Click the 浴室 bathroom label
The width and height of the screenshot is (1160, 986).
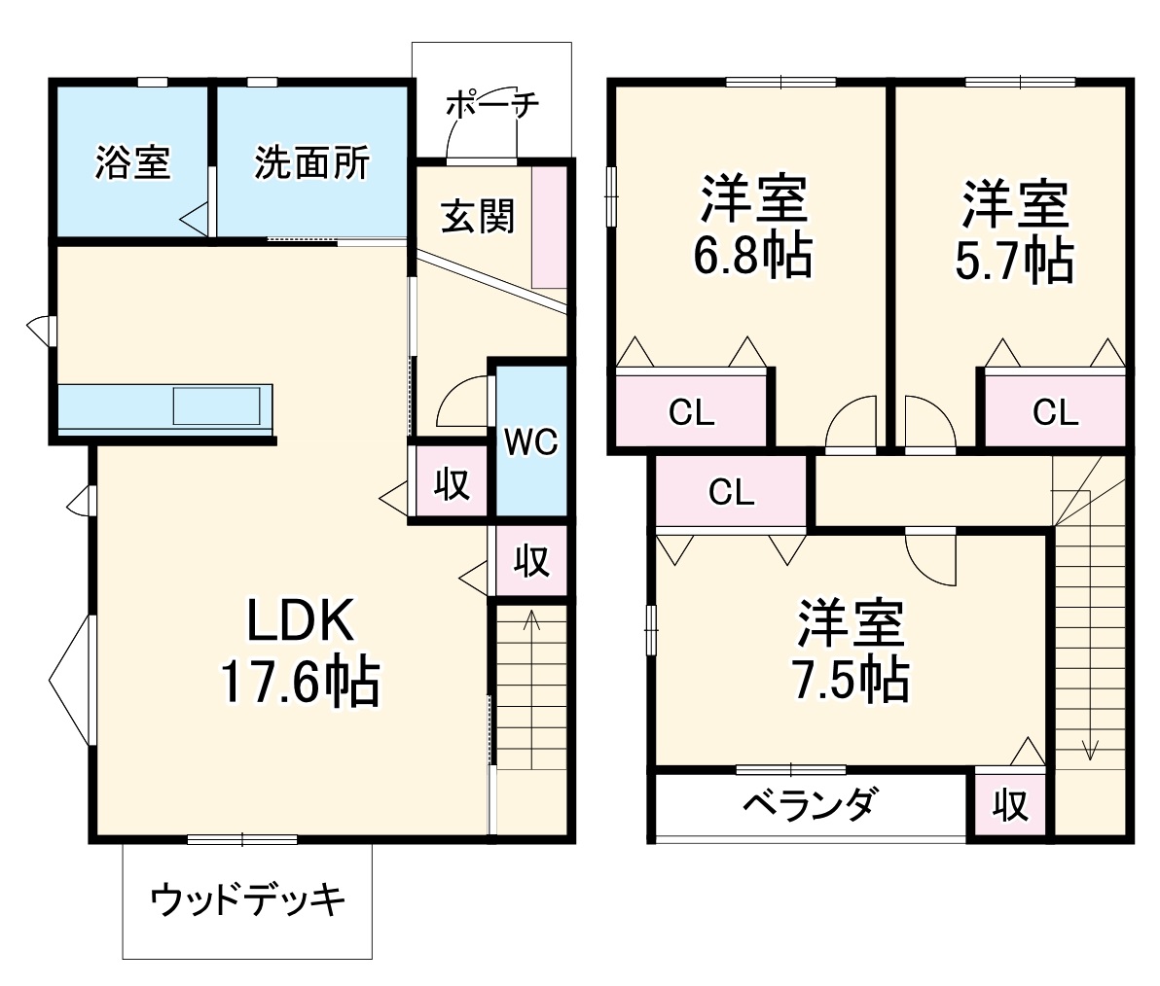[132, 162]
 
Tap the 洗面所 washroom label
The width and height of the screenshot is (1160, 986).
[311, 162]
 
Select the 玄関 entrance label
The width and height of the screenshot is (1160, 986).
[477, 216]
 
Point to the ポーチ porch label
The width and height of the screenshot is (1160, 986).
[491, 104]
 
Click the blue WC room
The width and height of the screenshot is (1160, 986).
[531, 441]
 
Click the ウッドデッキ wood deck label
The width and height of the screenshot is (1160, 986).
[247, 900]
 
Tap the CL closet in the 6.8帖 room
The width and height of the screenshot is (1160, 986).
[692, 412]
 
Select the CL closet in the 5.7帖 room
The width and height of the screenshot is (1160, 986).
[1055, 412]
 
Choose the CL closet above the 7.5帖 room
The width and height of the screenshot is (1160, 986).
[731, 492]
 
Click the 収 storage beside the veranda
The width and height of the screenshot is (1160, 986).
[1010, 804]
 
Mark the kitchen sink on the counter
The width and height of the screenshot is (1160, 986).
[217, 405]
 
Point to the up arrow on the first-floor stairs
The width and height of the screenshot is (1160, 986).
[530, 619]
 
